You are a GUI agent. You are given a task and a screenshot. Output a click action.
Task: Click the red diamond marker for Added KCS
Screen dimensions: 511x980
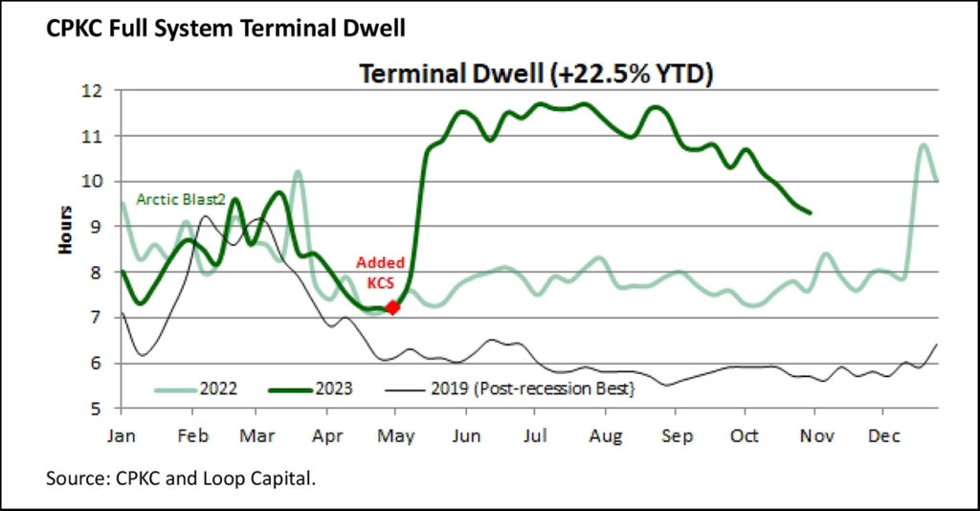(391, 307)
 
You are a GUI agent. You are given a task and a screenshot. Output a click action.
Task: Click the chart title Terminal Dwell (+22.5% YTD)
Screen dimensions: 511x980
(536, 74)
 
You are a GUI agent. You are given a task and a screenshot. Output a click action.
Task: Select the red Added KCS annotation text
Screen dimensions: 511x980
(381, 272)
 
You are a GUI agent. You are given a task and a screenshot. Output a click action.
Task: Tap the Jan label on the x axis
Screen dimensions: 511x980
(121, 436)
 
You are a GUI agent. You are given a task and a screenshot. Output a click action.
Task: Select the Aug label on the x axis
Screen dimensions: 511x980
(605, 436)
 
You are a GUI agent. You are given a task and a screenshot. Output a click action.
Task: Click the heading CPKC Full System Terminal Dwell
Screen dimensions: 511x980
(226, 29)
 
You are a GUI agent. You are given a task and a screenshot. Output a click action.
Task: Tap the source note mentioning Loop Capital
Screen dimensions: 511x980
(181, 477)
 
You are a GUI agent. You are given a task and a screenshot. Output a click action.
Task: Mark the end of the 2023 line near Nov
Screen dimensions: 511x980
(811, 212)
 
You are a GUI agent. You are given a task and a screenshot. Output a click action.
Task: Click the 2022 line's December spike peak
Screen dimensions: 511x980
(923, 145)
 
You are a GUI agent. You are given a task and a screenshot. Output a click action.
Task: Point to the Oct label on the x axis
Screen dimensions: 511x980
(745, 436)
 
